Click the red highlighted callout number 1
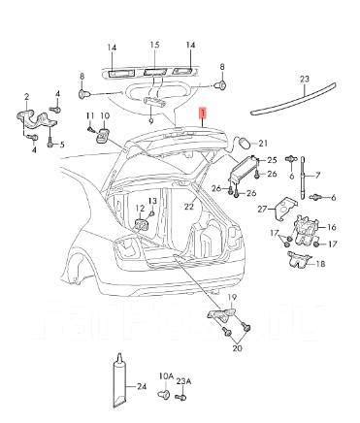pyautogui.click(x=202, y=114)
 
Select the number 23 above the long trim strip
pyautogui.click(x=304, y=79)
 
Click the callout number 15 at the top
pyautogui.click(x=153, y=46)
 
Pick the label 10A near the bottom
pyautogui.click(x=166, y=375)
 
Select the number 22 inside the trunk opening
pyautogui.click(x=190, y=206)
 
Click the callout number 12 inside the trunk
pyautogui.click(x=140, y=209)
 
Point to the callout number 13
pyautogui.click(x=153, y=202)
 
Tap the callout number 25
pyautogui.click(x=272, y=158)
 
